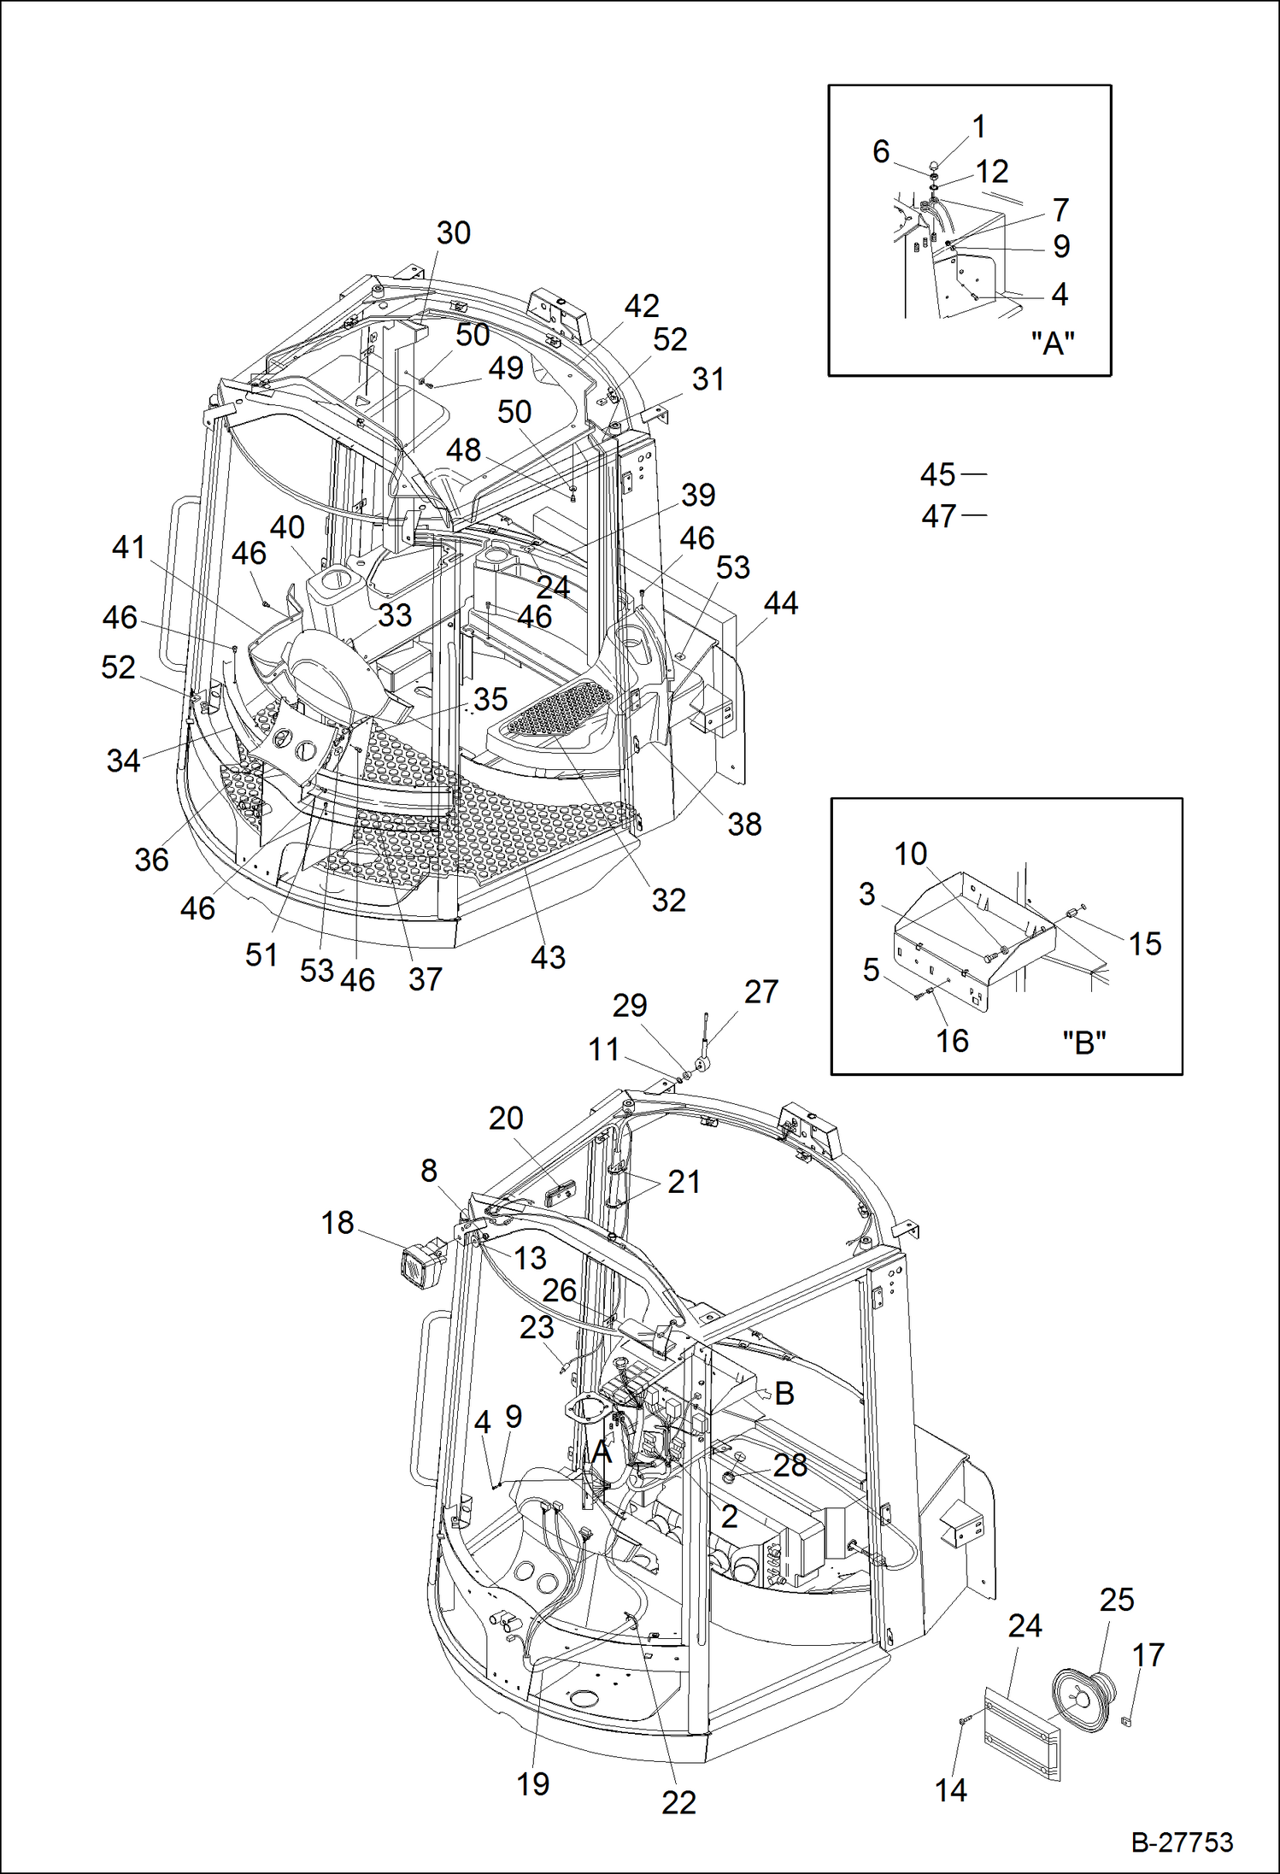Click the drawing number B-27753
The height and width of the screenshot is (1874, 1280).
[x=1182, y=1842]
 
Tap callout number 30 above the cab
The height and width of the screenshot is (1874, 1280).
[x=453, y=232]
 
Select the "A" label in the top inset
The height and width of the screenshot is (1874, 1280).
[x=1052, y=344]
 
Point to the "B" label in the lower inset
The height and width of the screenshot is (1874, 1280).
[x=1083, y=1043]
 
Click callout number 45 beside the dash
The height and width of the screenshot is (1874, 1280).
[x=937, y=474]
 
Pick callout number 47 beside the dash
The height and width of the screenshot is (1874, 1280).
[x=938, y=516]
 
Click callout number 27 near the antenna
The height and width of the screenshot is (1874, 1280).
[x=760, y=991]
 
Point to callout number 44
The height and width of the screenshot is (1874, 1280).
[x=780, y=603]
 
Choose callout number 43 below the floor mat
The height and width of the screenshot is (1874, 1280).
[x=548, y=957]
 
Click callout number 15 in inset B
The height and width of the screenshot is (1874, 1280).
[x=1145, y=943]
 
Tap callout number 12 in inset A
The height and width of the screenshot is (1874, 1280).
[x=992, y=172]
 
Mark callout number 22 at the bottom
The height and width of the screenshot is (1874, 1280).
[x=678, y=1802]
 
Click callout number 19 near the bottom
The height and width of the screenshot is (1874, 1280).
[x=532, y=1783]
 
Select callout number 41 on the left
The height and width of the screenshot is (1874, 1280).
[x=128, y=547]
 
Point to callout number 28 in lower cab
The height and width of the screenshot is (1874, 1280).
[x=790, y=1465]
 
